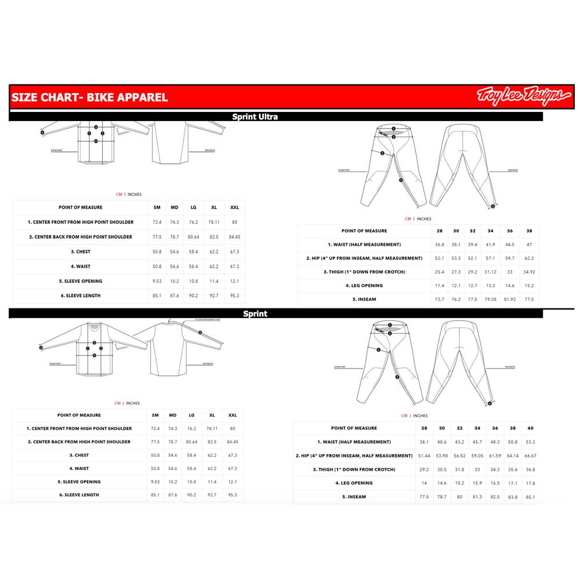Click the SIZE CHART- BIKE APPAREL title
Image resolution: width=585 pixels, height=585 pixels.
[x=90, y=97]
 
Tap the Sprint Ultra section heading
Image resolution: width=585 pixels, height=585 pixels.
[x=255, y=117]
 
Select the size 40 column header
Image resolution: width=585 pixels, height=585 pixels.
[x=530, y=428]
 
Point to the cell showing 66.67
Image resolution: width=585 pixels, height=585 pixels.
[x=530, y=456]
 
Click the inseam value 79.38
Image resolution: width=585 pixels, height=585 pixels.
[x=490, y=299]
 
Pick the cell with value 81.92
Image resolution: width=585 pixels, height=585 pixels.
[x=510, y=299]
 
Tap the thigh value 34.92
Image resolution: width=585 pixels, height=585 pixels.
[x=529, y=272]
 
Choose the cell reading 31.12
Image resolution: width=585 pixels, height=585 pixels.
[x=490, y=272]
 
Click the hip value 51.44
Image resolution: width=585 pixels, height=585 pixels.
[x=424, y=456]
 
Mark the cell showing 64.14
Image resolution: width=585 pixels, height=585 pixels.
[x=512, y=456]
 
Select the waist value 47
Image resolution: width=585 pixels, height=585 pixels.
[x=529, y=245]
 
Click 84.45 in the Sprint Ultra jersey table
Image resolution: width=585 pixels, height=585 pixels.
[x=234, y=237]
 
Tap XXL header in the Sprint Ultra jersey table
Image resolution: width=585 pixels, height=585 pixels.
[x=234, y=207]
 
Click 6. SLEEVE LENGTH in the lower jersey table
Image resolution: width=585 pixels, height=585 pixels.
[x=79, y=495]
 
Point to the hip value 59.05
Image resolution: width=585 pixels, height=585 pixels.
[x=477, y=456]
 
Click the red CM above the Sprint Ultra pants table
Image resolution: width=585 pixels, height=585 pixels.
[x=408, y=219]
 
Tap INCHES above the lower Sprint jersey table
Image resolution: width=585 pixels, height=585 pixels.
[x=134, y=403]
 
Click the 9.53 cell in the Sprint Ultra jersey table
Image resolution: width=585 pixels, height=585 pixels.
[x=157, y=281]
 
